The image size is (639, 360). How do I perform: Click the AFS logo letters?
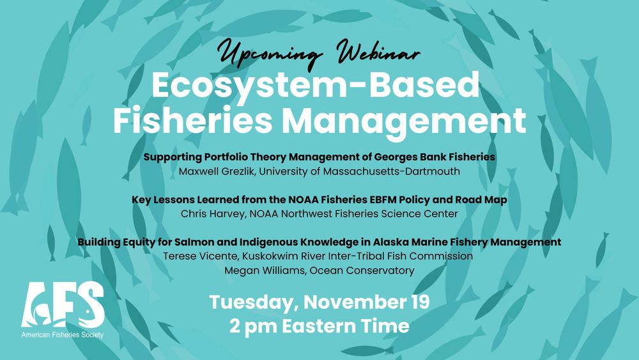pos(63,306)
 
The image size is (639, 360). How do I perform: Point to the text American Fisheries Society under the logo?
pos(63,334)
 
